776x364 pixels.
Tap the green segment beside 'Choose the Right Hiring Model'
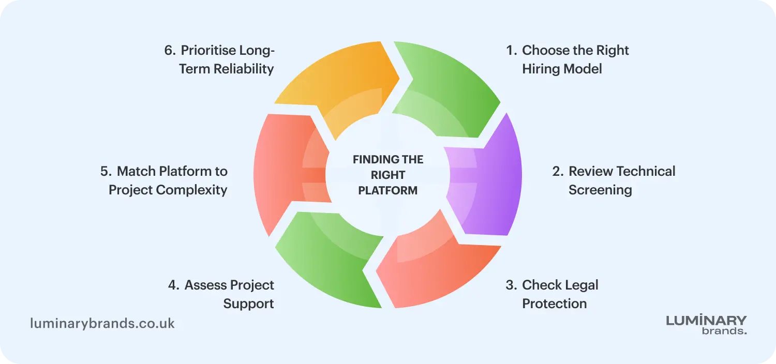click(451, 90)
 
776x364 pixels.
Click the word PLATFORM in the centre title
click(387, 190)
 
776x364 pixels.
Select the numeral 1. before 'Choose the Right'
click(511, 51)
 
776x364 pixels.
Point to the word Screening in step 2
click(600, 190)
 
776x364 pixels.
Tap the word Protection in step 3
click(554, 304)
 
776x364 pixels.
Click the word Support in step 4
click(248, 304)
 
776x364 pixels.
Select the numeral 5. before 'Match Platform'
click(106, 172)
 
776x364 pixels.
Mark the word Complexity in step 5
click(191, 190)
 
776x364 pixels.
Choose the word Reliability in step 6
click(244, 69)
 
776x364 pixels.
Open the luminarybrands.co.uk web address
click(102, 324)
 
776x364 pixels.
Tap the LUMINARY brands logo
click(706, 325)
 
